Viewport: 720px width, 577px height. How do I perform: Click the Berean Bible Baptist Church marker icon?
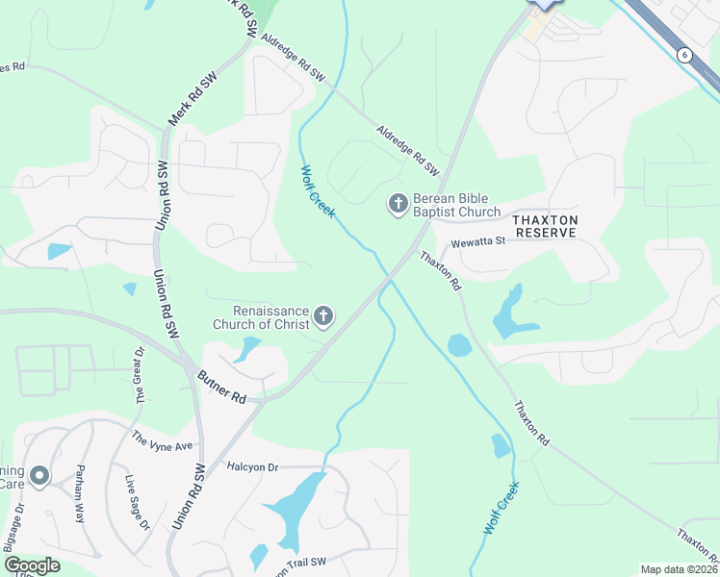coord(396,203)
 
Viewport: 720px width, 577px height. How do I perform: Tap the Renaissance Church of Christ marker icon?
coord(324,316)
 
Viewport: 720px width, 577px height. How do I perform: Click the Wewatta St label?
coord(478,242)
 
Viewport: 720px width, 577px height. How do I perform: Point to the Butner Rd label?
coord(222,386)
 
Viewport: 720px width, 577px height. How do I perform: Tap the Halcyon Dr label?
coord(252,466)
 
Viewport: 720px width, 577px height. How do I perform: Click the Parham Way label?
coord(82,493)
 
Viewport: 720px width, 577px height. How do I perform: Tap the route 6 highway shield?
coord(683,55)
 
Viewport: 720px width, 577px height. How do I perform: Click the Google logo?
coord(32,565)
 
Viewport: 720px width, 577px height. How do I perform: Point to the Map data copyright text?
coord(679,569)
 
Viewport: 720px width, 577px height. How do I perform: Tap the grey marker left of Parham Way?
coord(39,475)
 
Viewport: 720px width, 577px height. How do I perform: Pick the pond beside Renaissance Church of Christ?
coord(248,348)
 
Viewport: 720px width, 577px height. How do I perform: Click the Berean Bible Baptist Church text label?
coord(456,205)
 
